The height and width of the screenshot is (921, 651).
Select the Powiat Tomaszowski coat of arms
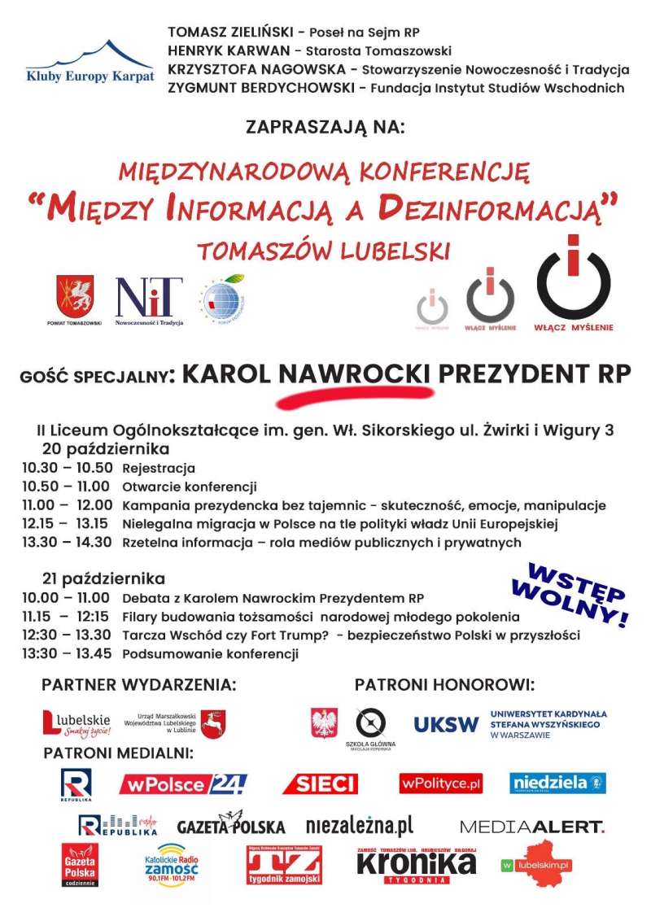[x=74, y=296]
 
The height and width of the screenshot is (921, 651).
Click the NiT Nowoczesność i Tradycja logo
[x=149, y=299]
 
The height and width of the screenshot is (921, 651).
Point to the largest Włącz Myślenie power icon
[x=574, y=281]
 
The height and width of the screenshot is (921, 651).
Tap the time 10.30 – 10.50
[x=68, y=469]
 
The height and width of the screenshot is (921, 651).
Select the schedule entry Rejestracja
[x=159, y=469]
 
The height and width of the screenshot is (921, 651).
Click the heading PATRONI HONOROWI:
[x=444, y=685]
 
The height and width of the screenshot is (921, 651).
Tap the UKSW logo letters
[x=446, y=724]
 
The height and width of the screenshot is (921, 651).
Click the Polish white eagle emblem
[x=325, y=722]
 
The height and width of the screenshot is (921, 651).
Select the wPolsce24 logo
[x=182, y=784]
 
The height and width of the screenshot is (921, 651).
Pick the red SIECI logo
[x=320, y=784]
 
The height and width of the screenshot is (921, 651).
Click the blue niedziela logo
[x=557, y=783]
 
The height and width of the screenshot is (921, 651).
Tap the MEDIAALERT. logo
[x=532, y=827]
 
